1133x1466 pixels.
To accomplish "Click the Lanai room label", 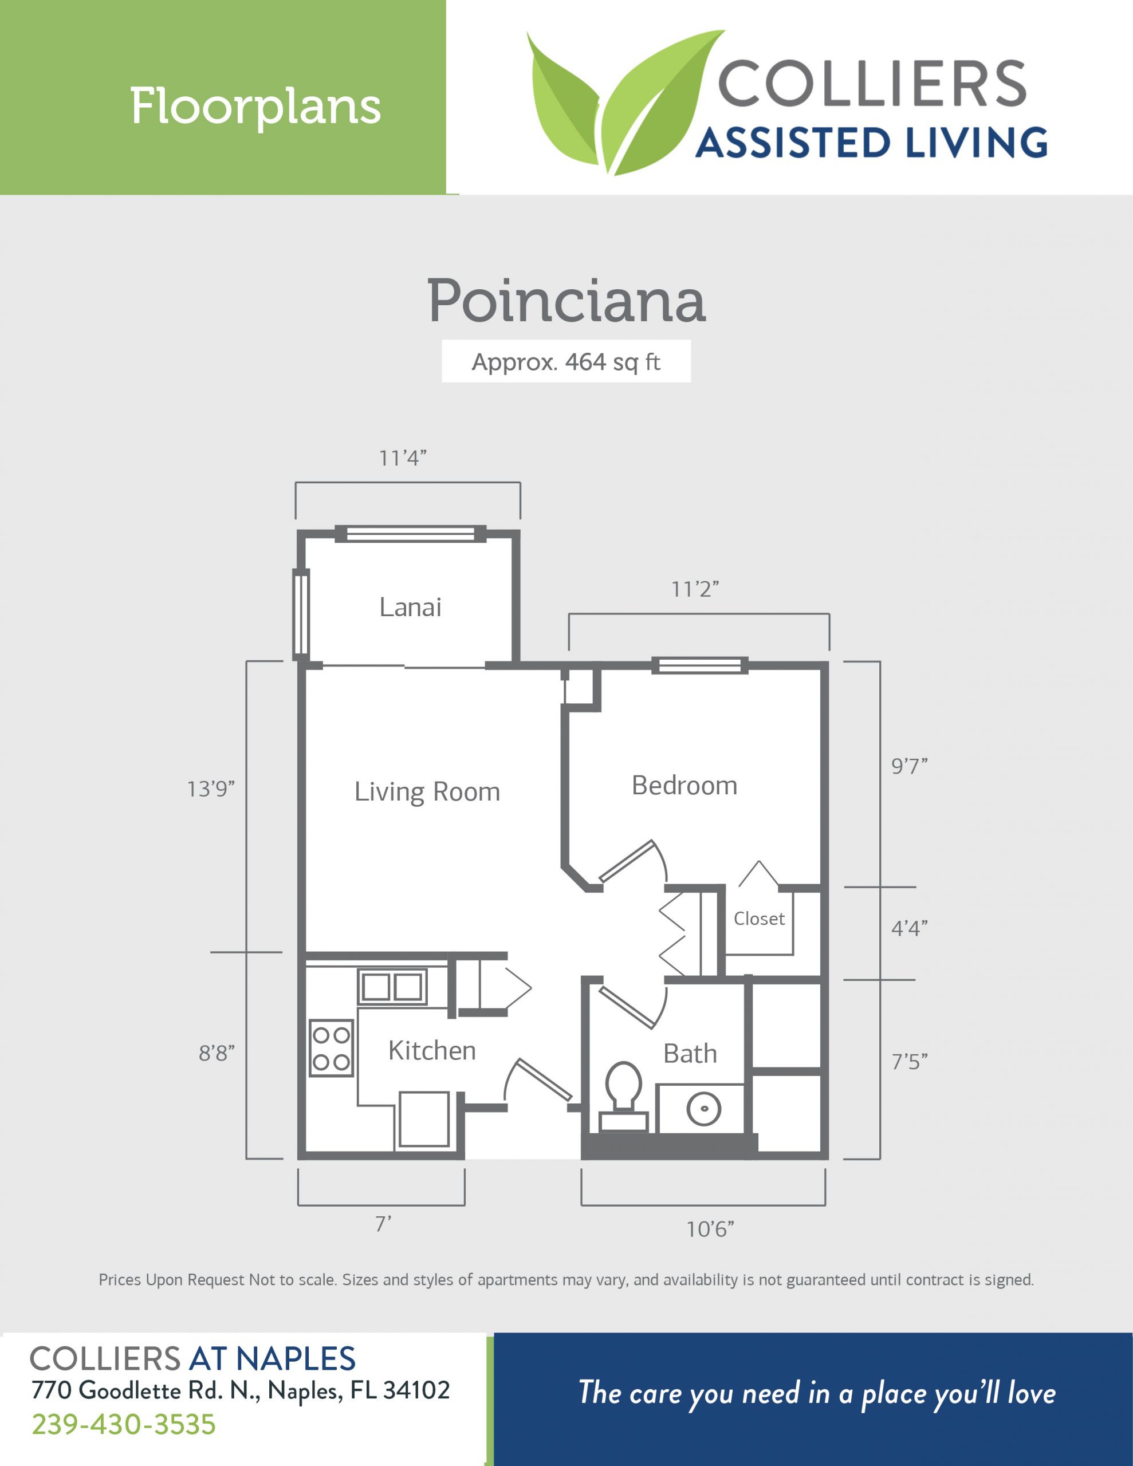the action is pyautogui.click(x=410, y=608).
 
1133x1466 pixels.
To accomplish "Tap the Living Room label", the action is pyautogui.click(x=427, y=792).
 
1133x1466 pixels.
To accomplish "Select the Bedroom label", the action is pyautogui.click(x=684, y=785).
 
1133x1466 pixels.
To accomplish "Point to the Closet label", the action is pyautogui.click(x=759, y=919).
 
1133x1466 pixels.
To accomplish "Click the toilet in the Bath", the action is pyautogui.click(x=623, y=1096).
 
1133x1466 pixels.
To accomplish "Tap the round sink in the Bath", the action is pyautogui.click(x=704, y=1108).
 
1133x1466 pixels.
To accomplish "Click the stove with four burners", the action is pyautogui.click(x=331, y=1049).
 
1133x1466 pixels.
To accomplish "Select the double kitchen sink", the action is pyautogui.click(x=392, y=987).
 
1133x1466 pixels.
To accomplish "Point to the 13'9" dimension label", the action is pyautogui.click(x=211, y=789).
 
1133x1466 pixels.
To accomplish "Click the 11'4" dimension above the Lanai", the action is pyautogui.click(x=403, y=458).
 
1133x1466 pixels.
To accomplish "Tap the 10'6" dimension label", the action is pyautogui.click(x=710, y=1229).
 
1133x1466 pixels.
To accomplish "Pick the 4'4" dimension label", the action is pyautogui.click(x=910, y=928).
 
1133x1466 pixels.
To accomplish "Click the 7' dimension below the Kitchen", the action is pyautogui.click(x=383, y=1224).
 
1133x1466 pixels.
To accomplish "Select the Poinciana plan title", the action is pyautogui.click(x=566, y=301).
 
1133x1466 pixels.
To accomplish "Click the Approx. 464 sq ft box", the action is pyautogui.click(x=566, y=362).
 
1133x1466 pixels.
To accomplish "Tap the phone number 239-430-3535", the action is pyautogui.click(x=124, y=1424).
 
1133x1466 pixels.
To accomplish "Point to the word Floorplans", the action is pyautogui.click(x=255, y=106).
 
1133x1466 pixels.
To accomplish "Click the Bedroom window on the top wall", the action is pyautogui.click(x=699, y=665).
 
